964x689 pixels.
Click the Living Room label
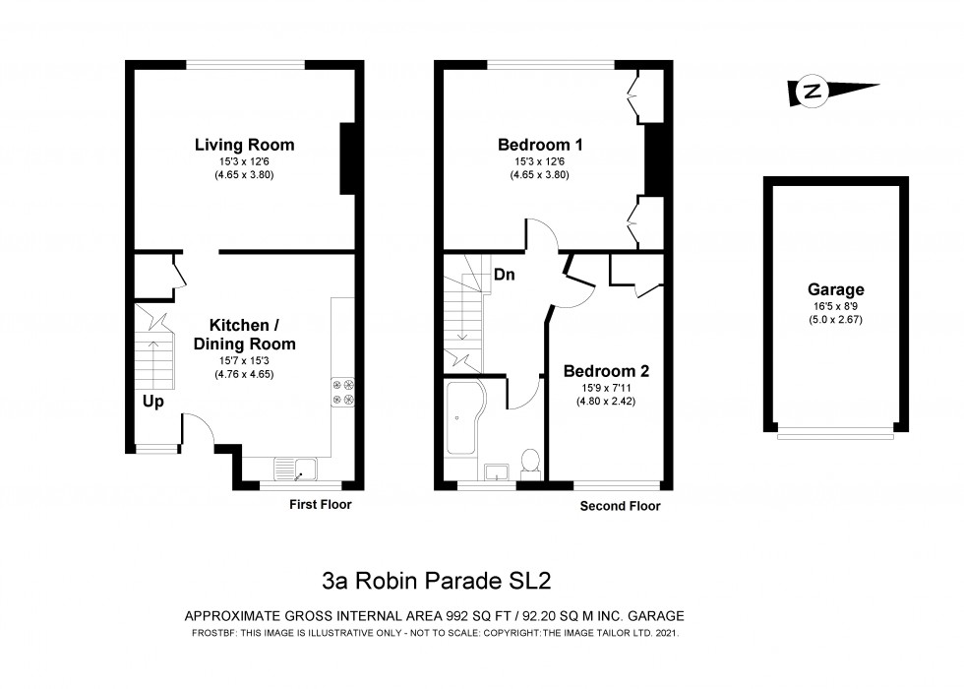(244, 145)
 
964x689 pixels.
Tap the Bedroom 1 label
(539, 145)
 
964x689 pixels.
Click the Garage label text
(835, 289)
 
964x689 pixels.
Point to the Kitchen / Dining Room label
(244, 335)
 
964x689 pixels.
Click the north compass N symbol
(813, 92)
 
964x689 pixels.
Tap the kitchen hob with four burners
(343, 392)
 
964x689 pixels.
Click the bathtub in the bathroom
(463, 419)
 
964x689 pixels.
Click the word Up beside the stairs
(152, 402)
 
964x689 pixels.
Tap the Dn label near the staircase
(504, 276)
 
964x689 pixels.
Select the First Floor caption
(320, 504)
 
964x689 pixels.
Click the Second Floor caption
(620, 506)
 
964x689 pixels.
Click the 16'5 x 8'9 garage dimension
(835, 306)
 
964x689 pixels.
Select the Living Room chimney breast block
(347, 158)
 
